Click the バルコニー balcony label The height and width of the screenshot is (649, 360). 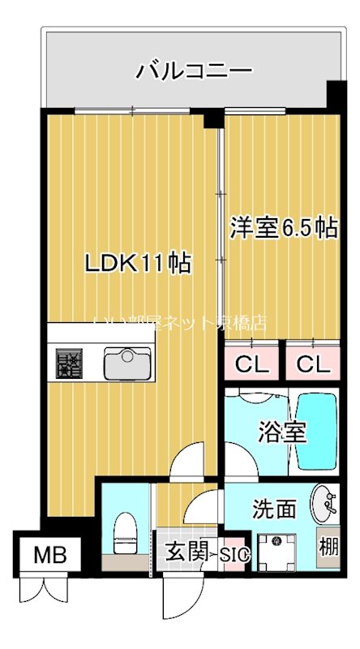(x=193, y=71)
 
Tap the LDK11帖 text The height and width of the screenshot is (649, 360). (x=139, y=263)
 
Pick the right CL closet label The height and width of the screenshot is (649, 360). (x=313, y=364)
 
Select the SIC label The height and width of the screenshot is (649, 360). (x=234, y=555)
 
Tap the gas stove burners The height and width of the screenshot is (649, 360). (x=69, y=362)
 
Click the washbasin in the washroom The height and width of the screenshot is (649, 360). (x=324, y=505)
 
